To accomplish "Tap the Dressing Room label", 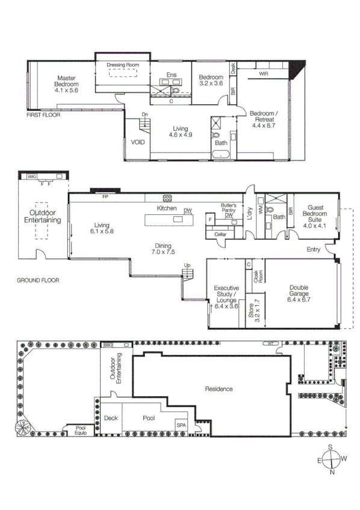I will (x=123, y=64).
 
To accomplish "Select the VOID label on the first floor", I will (x=137, y=143).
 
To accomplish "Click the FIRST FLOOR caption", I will (x=43, y=114).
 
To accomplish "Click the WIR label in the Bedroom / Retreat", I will (x=263, y=73).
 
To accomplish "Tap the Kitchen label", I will (x=167, y=208).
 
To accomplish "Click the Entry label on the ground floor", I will (x=314, y=249).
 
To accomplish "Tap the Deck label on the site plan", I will (x=111, y=418).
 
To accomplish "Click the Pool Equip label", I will (x=80, y=429).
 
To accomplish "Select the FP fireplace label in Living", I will (x=105, y=197).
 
